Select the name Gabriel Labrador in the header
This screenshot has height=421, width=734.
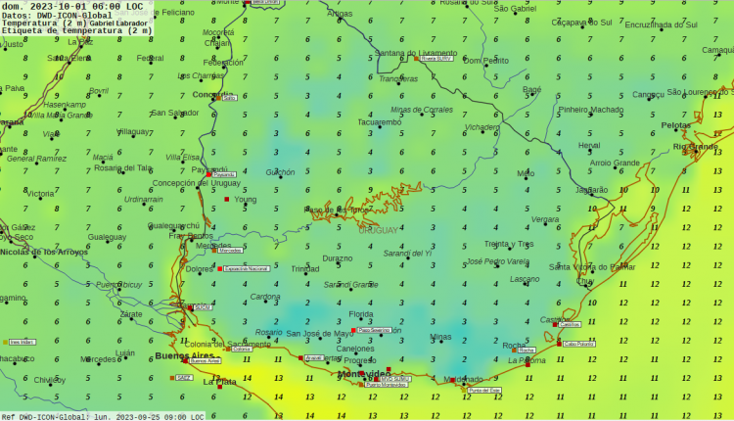point(120,23)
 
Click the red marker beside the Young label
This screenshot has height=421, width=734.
point(227,199)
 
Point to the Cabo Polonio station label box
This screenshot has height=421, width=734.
point(577,344)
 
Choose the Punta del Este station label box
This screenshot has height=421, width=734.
point(484,391)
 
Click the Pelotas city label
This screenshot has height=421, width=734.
point(675,125)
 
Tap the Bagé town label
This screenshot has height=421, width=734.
point(531,89)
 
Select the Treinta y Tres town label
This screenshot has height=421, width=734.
point(509,244)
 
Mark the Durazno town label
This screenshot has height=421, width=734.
point(337,258)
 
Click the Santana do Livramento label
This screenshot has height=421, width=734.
point(416,53)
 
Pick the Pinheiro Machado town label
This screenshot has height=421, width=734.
point(590,110)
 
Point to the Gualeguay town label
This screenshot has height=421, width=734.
point(107,237)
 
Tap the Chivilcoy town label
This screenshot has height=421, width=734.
point(49,380)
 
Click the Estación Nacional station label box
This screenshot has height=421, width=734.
point(245,268)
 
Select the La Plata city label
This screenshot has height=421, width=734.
point(219,382)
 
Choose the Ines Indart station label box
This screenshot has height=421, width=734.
point(22,342)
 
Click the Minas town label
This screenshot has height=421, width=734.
point(440,337)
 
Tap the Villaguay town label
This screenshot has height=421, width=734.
point(133,131)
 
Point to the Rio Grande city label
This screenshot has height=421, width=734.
point(695,147)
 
